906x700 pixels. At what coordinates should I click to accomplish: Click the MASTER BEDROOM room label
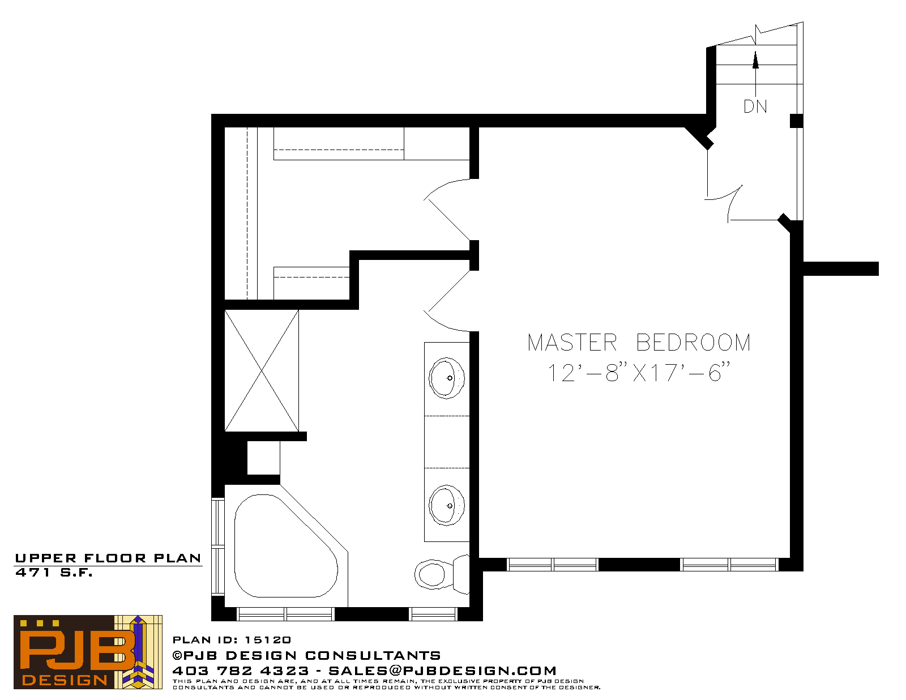pyautogui.click(x=639, y=342)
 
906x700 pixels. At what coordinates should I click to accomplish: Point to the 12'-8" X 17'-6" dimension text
pyautogui.click(x=638, y=372)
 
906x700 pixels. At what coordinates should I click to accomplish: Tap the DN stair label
pyautogui.click(x=755, y=106)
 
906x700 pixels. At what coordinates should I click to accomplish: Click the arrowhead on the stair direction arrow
pyautogui.click(x=755, y=59)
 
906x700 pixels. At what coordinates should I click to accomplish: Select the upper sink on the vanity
pyautogui.click(x=447, y=378)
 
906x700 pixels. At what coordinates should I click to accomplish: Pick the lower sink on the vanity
pyautogui.click(x=447, y=505)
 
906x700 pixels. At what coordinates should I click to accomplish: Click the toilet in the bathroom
pyautogui.click(x=442, y=574)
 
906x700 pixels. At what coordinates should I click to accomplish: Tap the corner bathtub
pyautogui.click(x=285, y=546)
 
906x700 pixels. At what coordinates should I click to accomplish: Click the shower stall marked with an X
pyautogui.click(x=262, y=370)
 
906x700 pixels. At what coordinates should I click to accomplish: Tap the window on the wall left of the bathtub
pyautogui.click(x=217, y=547)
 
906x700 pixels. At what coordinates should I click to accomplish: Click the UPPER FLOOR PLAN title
pyautogui.click(x=108, y=558)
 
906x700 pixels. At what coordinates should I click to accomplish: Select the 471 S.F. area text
pyautogui.click(x=54, y=573)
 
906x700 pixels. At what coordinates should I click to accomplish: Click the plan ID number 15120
pyautogui.click(x=268, y=640)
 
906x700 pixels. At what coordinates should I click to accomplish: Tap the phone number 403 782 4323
pyautogui.click(x=241, y=671)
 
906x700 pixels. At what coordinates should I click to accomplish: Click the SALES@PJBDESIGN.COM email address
pyautogui.click(x=442, y=671)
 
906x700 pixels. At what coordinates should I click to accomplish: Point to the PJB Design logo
pyautogui.click(x=88, y=652)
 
